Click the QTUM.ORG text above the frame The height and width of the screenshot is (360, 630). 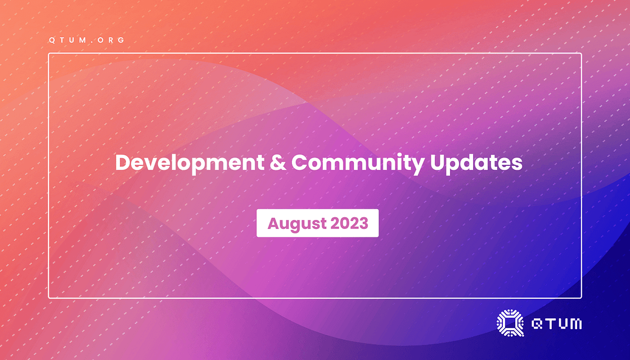click(87, 40)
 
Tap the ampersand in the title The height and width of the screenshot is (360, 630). click(278, 163)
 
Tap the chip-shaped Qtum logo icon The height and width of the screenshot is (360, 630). click(510, 323)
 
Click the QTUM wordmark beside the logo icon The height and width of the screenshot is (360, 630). click(556, 323)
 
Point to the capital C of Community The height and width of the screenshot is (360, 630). click(300, 163)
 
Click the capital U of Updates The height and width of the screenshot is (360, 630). click(437, 163)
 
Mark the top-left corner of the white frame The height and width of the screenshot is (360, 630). click(49, 53)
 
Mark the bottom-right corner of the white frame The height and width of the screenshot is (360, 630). click(581, 298)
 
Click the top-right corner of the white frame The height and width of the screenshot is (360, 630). click(581, 53)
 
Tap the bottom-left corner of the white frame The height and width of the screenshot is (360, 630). click(49, 298)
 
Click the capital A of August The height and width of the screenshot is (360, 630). click(273, 223)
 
